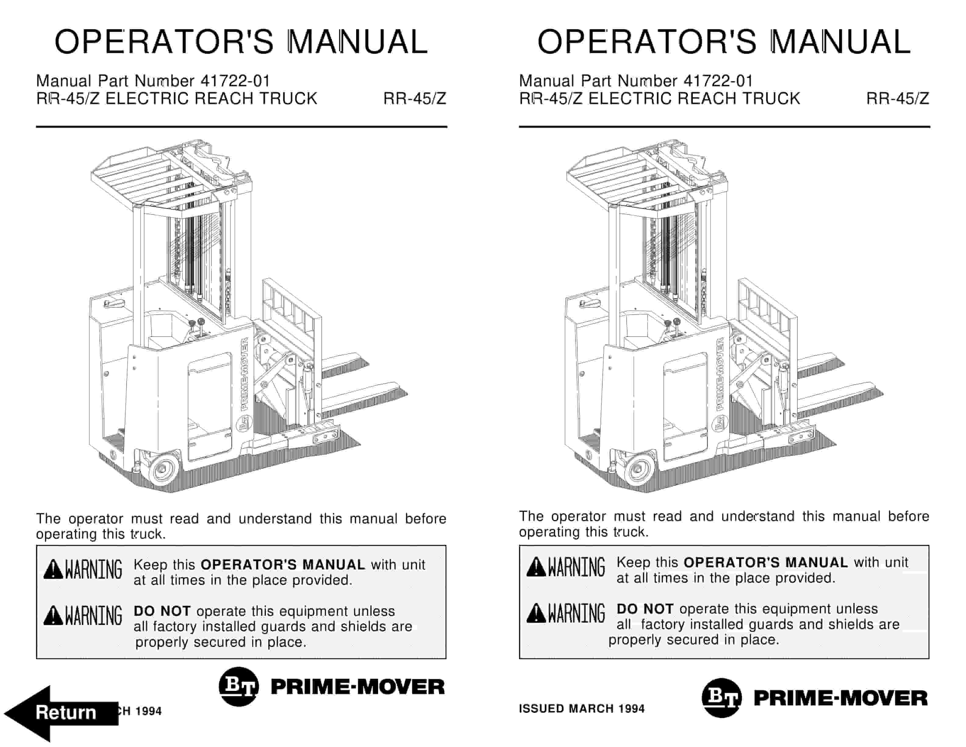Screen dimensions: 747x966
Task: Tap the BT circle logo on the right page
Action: [x=721, y=698]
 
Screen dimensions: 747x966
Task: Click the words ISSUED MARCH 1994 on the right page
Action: [x=581, y=709]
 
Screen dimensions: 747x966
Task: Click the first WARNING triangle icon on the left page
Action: [x=53, y=569]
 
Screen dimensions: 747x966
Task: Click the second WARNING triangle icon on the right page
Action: [x=536, y=613]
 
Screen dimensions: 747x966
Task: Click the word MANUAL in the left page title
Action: [x=357, y=42]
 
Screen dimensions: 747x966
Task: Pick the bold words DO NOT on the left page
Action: [x=162, y=611]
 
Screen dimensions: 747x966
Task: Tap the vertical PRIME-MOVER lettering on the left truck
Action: [x=245, y=374]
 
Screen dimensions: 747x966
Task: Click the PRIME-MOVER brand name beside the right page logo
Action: [x=840, y=698]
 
